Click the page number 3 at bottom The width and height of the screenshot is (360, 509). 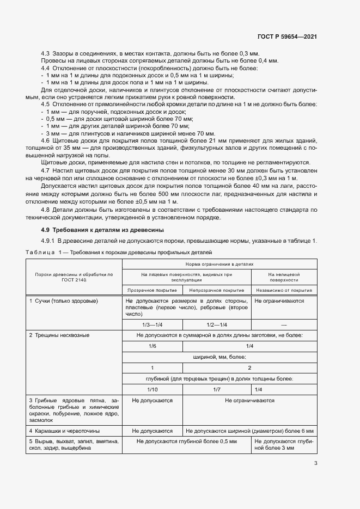coord(316,463)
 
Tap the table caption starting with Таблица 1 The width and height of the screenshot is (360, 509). coord(119,253)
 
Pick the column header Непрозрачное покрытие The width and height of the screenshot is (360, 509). coord(218,290)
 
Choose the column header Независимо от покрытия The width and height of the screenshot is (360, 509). coord(284,290)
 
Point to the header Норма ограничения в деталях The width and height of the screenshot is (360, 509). coord(220,263)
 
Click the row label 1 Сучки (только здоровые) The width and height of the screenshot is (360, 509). coord(60,301)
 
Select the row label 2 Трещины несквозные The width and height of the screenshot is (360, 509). coord(59,335)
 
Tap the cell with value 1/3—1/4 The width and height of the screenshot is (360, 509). coord(152,324)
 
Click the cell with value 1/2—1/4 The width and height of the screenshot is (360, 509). coord(218,324)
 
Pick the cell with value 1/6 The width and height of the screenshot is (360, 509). coord(152,346)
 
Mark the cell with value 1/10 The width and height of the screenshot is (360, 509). coord(152,389)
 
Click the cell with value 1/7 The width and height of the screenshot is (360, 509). coord(218,389)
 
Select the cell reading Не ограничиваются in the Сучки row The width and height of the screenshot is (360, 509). coord(279,301)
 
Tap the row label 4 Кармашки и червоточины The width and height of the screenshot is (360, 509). coord(64,430)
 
